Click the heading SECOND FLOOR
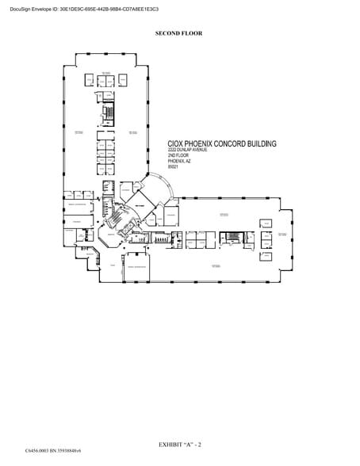click(x=179, y=33)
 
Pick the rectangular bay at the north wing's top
click(x=108, y=55)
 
